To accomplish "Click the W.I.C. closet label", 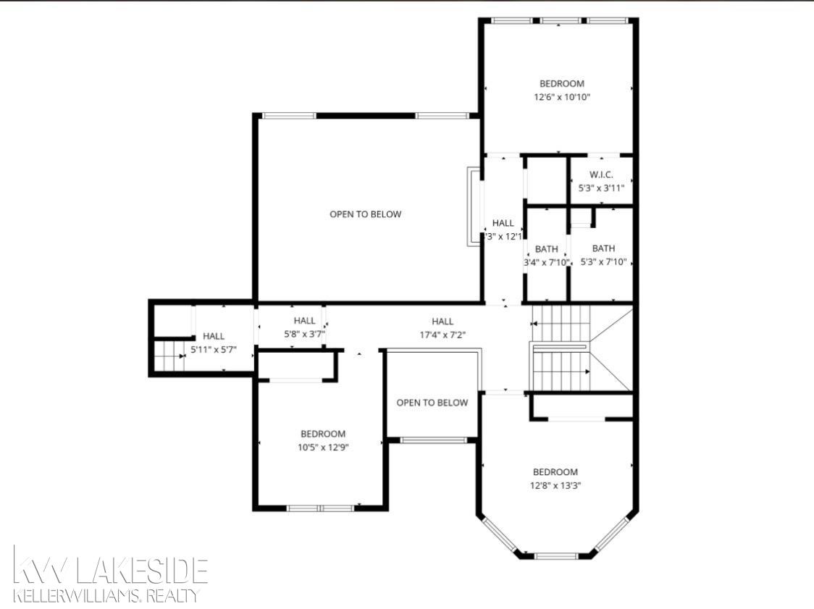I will pos(601,174).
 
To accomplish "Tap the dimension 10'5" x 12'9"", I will pos(323,448).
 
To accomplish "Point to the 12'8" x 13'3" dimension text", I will pos(555,485).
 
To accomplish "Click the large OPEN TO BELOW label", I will pos(365,214).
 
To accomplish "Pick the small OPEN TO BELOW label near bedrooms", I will pos(432,403).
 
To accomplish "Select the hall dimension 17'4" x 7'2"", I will pos(442,335).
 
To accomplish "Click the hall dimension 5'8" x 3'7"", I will pos(304,334).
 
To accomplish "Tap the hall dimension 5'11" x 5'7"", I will pos(213,350).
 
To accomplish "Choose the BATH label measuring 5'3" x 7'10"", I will pos(603,248).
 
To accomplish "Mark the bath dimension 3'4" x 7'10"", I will pos(546,262).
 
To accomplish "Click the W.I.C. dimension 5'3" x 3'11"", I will pos(601,188).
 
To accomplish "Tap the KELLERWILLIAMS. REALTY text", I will pos(106,596).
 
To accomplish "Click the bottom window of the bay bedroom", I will pos(555,555).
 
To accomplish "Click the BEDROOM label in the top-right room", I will pos(561,83).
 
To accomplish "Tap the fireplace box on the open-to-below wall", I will pos(473,206).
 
